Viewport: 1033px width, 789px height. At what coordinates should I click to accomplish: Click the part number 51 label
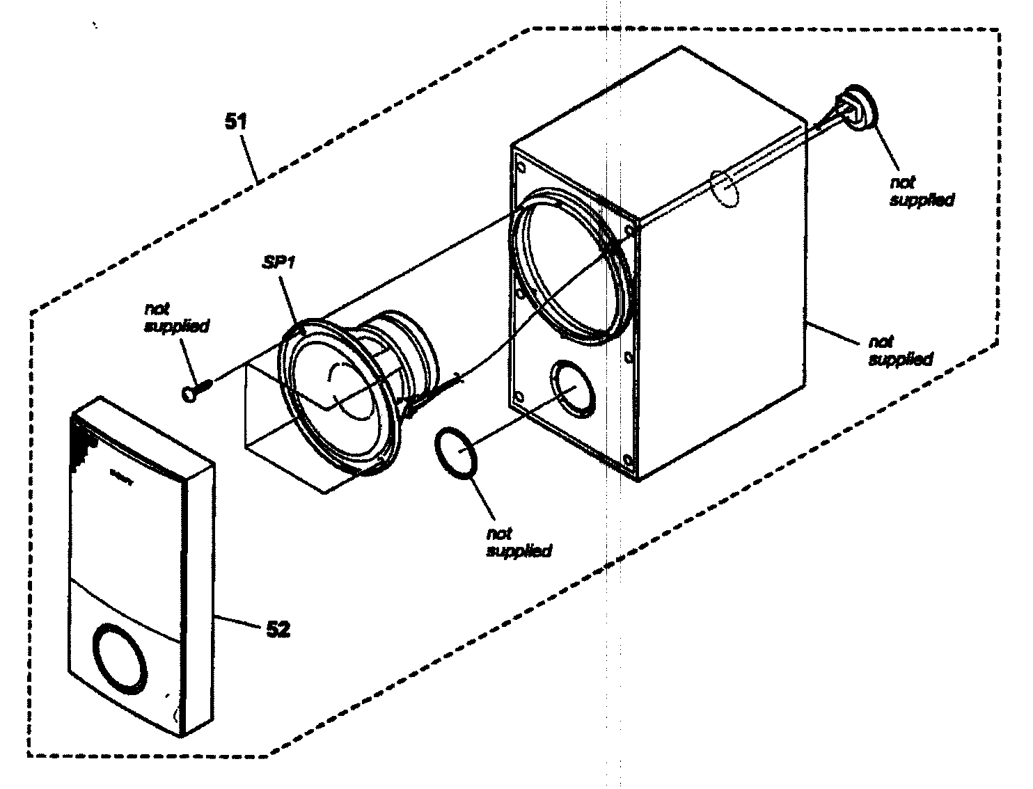point(235,121)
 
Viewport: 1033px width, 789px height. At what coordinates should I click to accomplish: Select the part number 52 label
point(278,629)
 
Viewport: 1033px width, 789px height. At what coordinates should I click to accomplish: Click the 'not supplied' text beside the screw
point(176,317)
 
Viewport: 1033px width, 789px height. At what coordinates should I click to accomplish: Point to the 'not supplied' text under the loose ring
point(519,542)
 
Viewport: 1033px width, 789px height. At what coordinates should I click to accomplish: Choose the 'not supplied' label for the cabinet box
point(900,351)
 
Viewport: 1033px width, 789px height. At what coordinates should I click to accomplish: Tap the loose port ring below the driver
point(455,452)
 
